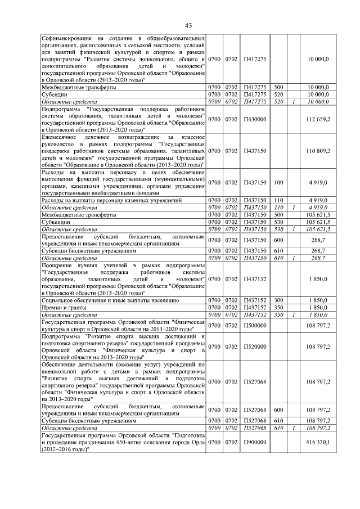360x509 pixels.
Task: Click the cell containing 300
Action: click(x=278, y=301)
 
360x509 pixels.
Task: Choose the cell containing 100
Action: click(x=278, y=182)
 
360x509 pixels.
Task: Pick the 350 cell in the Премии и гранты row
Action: click(x=278, y=308)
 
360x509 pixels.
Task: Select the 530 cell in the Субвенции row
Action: click(x=278, y=222)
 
